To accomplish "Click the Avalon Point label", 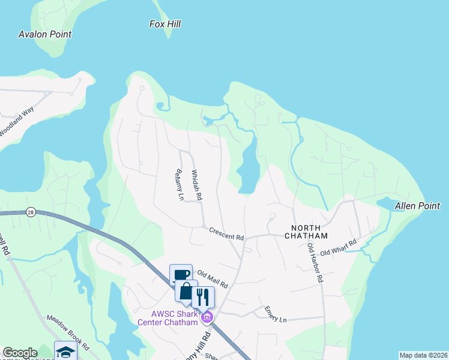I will pos(45,34).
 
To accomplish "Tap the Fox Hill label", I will pos(164,24).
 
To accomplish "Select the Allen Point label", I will pos(417,206).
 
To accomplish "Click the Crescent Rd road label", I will pos(226,233).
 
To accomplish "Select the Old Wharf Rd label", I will pos(339,247).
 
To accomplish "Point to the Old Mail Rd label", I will pos(212,279).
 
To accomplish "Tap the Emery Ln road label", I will pos(276,314).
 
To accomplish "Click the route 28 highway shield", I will pos(30,212).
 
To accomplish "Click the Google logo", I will pos(20,353).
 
